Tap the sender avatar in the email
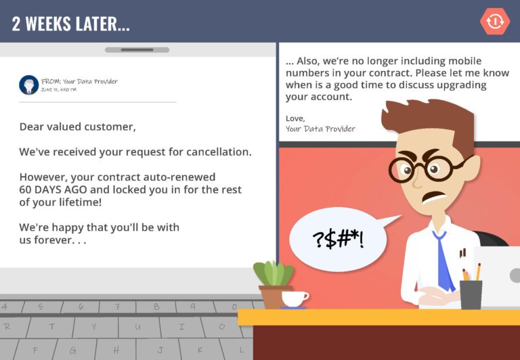(x=28, y=85)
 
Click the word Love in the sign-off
(x=295, y=118)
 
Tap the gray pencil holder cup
(x=471, y=294)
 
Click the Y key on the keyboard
(x=95, y=326)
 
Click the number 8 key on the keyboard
(x=156, y=306)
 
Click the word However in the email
(x=42, y=177)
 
